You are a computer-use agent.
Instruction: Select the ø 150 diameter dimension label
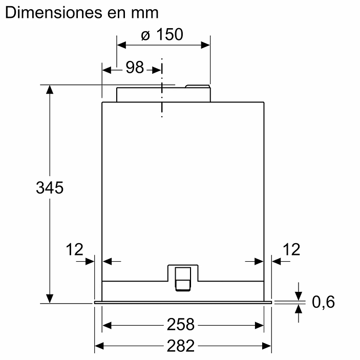tap(161, 35)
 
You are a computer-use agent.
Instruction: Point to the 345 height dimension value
tap(49, 187)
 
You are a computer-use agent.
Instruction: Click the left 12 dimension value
tap(74, 249)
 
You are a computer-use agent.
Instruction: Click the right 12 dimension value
tap(291, 249)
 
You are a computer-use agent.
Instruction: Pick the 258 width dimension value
tap(181, 325)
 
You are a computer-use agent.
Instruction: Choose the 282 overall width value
tap(181, 346)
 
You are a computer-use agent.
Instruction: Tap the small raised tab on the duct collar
tap(197, 86)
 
